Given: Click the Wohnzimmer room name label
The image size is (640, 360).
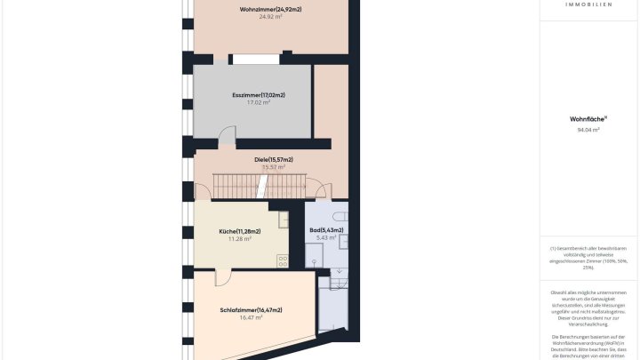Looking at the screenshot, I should click(270, 9).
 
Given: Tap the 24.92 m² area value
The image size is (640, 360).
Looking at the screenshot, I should click(270, 17).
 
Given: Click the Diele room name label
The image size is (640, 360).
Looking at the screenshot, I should click(273, 159).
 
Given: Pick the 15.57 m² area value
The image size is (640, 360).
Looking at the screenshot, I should click(273, 167).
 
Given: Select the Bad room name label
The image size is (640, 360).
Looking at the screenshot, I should click(326, 230).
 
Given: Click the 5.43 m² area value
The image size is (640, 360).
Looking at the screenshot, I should click(326, 237).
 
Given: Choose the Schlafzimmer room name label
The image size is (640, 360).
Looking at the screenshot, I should click(251, 309).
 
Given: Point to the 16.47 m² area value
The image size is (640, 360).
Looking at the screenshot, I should click(251, 317).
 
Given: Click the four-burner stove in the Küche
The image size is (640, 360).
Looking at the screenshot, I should click(283, 260).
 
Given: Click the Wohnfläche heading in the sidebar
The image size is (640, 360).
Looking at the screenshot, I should click(588, 119).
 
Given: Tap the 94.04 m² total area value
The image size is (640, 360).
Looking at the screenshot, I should click(588, 130).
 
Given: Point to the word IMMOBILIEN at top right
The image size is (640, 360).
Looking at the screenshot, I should click(588, 4).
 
